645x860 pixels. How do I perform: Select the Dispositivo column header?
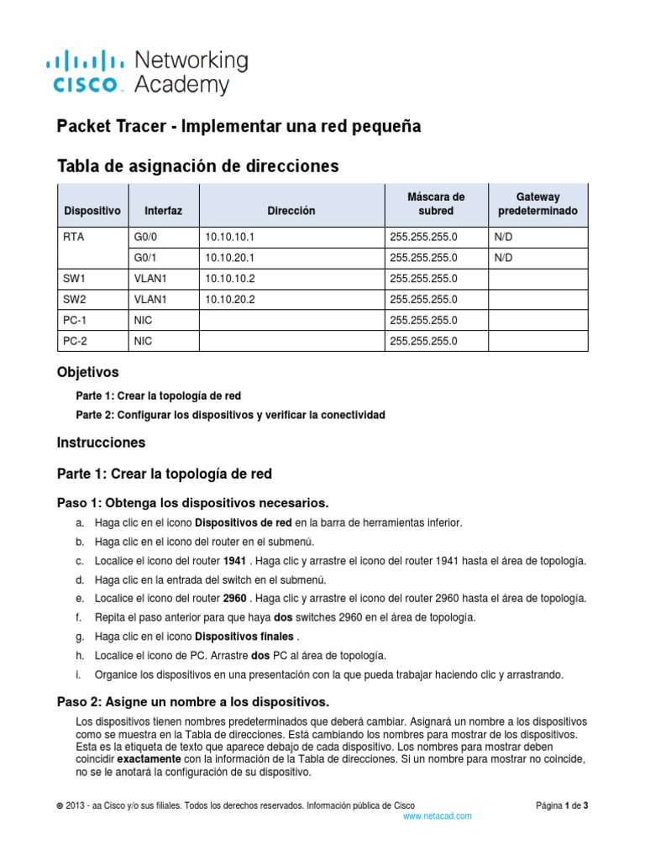[x=92, y=211]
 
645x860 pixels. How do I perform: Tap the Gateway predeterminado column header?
[x=537, y=204]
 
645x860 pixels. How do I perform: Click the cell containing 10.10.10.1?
[x=228, y=238]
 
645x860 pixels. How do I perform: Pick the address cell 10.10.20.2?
[x=228, y=299]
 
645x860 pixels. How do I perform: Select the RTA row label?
[x=73, y=238]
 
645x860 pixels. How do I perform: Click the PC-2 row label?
[x=75, y=341]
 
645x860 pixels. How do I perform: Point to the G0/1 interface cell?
[x=146, y=258]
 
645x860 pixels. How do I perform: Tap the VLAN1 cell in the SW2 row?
[x=150, y=299]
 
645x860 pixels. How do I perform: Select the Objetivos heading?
[x=87, y=371]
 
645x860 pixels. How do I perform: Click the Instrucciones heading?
[x=101, y=442]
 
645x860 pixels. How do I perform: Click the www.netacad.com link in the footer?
[x=437, y=815]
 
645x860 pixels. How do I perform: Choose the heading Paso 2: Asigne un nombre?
[x=192, y=701]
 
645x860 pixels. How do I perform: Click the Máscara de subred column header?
[x=435, y=204]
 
